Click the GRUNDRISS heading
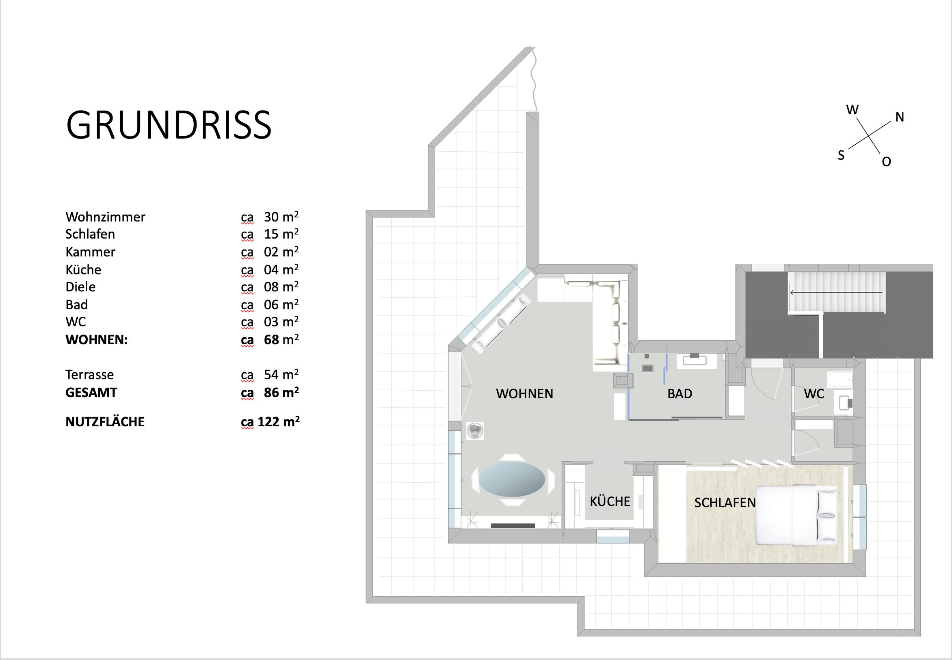pos(169,124)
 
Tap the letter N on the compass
pos(900,117)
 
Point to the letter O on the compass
pos(886,162)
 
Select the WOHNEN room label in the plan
pos(524,394)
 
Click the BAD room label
pos(680,394)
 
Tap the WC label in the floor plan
pos(814,394)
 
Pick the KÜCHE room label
pos(610,501)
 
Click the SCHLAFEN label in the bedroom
pos(725,502)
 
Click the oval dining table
pos(511,479)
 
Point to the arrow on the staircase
pos(836,293)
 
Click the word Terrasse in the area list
pos(89,375)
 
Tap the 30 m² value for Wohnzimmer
pos(281,216)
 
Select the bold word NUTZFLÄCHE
pos(105,422)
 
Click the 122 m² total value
pos(279,421)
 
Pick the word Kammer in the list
pos(90,252)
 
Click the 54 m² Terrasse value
pos(281,374)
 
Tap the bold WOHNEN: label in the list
pos(97,340)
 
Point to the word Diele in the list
pos(80,287)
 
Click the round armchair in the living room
pos(475,431)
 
